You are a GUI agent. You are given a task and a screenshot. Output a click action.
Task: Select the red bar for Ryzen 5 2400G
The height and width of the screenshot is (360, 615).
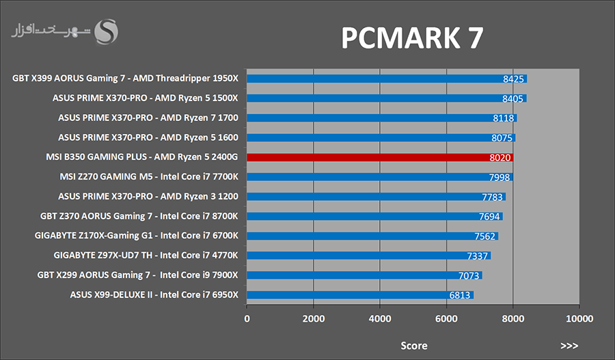(x=379, y=157)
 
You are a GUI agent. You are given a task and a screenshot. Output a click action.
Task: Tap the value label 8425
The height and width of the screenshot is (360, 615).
(x=512, y=79)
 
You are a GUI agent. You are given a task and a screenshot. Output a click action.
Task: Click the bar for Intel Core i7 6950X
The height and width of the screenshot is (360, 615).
(x=359, y=295)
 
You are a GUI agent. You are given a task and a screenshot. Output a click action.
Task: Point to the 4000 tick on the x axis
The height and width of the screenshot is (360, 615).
(x=379, y=318)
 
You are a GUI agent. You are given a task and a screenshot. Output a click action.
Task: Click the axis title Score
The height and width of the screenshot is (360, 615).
(x=413, y=346)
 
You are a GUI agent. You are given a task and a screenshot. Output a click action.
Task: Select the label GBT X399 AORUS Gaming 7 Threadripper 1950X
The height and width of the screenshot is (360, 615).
(x=126, y=79)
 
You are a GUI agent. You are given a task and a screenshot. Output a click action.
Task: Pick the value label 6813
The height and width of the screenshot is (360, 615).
(x=460, y=295)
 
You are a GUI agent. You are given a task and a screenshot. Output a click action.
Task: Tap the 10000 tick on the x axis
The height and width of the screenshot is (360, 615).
(x=579, y=318)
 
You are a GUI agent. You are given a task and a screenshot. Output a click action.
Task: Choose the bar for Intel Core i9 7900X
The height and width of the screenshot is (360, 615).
(x=364, y=275)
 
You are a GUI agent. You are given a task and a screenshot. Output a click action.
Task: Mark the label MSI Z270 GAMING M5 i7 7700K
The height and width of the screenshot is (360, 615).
(x=149, y=177)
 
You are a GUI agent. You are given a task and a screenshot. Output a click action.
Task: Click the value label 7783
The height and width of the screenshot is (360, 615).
(x=492, y=197)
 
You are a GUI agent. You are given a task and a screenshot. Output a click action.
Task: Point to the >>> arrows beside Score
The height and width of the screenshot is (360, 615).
(x=569, y=346)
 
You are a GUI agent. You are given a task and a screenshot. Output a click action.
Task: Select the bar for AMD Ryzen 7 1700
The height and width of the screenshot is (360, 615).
(x=381, y=117)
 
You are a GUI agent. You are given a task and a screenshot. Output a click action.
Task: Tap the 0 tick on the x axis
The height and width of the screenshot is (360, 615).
(x=247, y=318)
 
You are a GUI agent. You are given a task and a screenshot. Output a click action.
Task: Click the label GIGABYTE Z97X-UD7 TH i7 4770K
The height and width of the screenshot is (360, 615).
(x=146, y=255)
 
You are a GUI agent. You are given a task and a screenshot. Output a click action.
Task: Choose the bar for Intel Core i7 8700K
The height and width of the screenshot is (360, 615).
(x=374, y=217)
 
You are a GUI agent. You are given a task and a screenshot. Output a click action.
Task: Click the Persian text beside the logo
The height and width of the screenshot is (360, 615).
(x=51, y=31)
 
